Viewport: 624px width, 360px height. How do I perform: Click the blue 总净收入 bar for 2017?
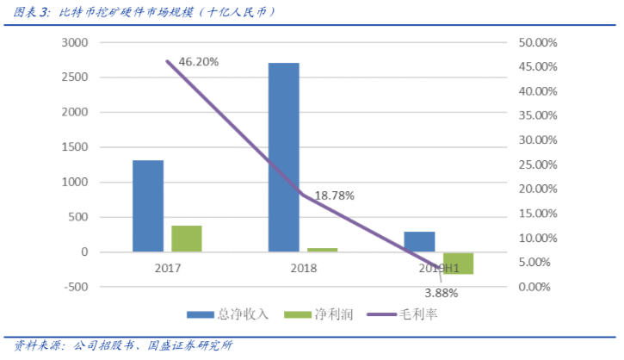pos(148,206)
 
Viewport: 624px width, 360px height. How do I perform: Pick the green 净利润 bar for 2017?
pos(186,239)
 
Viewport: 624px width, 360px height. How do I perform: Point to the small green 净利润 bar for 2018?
pos(322,250)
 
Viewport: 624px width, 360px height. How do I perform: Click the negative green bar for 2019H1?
pos(458,263)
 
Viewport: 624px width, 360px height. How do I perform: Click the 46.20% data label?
pos(199,62)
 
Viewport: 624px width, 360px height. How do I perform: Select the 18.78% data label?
pos(335,196)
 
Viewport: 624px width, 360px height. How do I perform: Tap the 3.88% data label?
pos(442,293)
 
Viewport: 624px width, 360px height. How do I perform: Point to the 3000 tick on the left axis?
pos(77,42)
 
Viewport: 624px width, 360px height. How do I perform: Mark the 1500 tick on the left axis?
pos(77,147)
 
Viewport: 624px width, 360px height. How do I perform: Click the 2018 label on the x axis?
pos(302,269)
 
